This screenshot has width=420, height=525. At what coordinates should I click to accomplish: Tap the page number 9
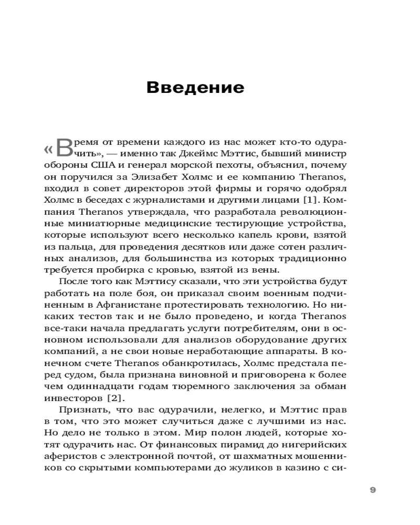click(x=373, y=489)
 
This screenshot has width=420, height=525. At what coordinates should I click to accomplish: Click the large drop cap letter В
click(x=62, y=149)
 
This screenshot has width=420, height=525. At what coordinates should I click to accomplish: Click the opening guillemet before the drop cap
click(x=47, y=149)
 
